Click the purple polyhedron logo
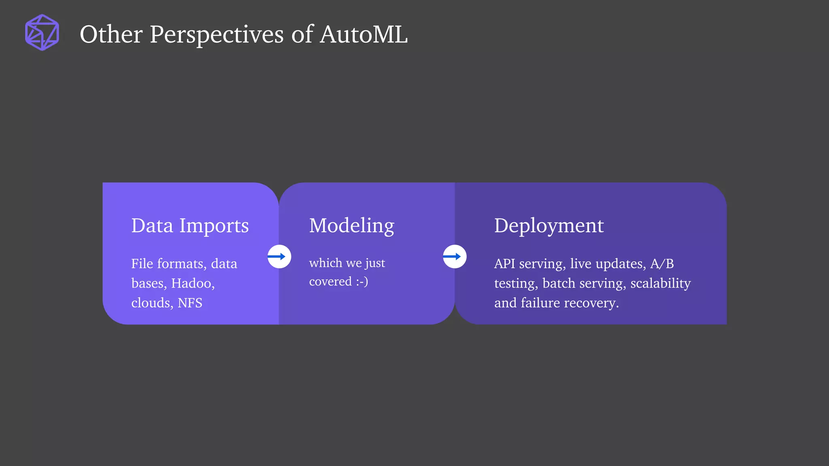click(42, 33)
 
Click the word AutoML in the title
click(363, 34)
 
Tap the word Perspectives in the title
click(217, 34)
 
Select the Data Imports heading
click(190, 225)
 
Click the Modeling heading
click(351, 225)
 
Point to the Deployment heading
click(548, 225)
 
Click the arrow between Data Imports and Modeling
click(279, 256)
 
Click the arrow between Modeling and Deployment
click(454, 256)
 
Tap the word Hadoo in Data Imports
click(191, 283)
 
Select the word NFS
click(190, 303)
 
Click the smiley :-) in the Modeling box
click(362, 282)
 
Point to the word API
click(504, 264)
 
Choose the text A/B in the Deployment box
click(662, 264)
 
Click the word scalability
click(660, 283)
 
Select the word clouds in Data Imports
click(152, 303)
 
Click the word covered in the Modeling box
click(330, 282)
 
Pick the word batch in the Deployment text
click(559, 283)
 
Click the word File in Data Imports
click(142, 264)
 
